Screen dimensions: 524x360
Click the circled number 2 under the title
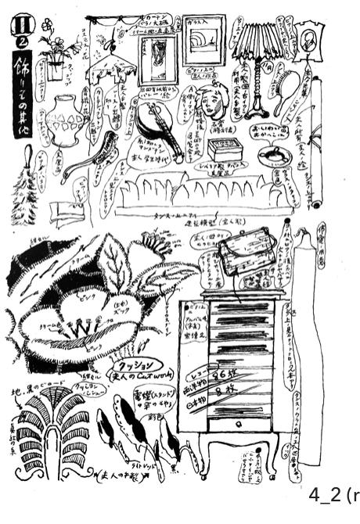(x=23, y=41)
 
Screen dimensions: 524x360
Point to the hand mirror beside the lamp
(x=287, y=84)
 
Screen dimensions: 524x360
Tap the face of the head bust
(x=207, y=101)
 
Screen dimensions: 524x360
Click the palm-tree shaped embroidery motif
(x=51, y=431)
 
